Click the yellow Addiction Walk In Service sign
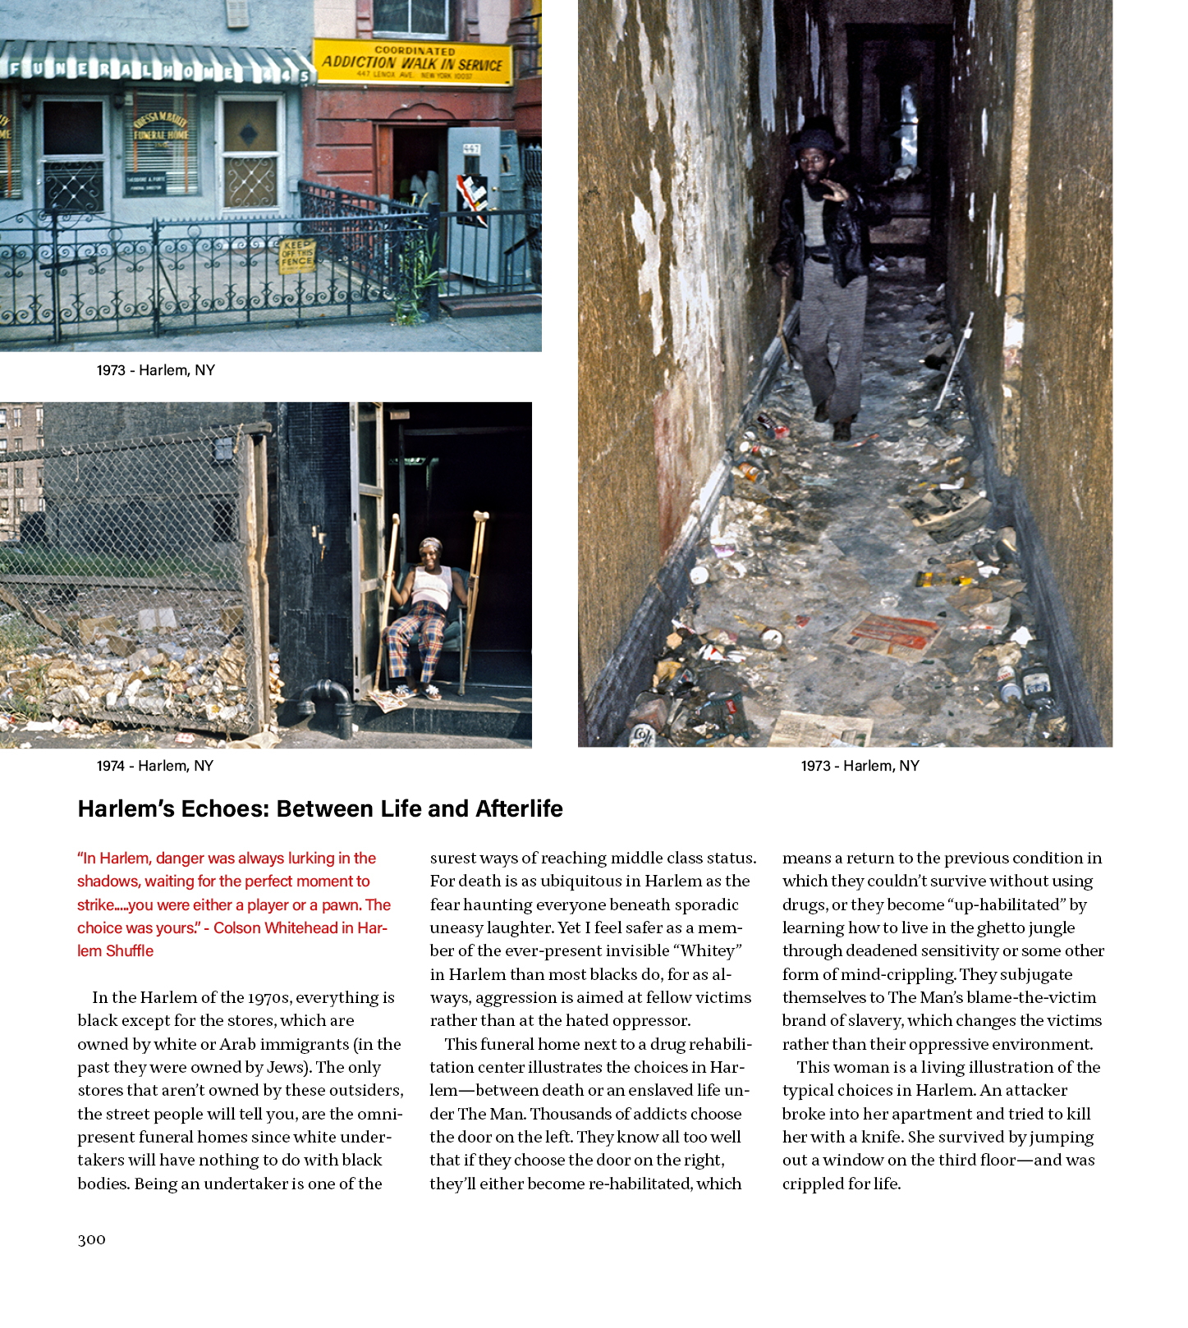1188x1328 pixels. coord(412,62)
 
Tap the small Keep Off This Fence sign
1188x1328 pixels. coord(297,256)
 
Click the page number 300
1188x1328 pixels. coord(91,1239)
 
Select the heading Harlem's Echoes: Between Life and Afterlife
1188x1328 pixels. coord(320,809)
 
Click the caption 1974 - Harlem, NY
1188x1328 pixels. coord(155,766)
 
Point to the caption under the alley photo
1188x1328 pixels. coord(860,766)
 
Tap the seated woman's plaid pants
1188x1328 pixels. coord(416,640)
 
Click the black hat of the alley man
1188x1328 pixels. coord(813,140)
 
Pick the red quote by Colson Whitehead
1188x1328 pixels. coord(233,904)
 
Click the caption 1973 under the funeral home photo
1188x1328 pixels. coord(155,370)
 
